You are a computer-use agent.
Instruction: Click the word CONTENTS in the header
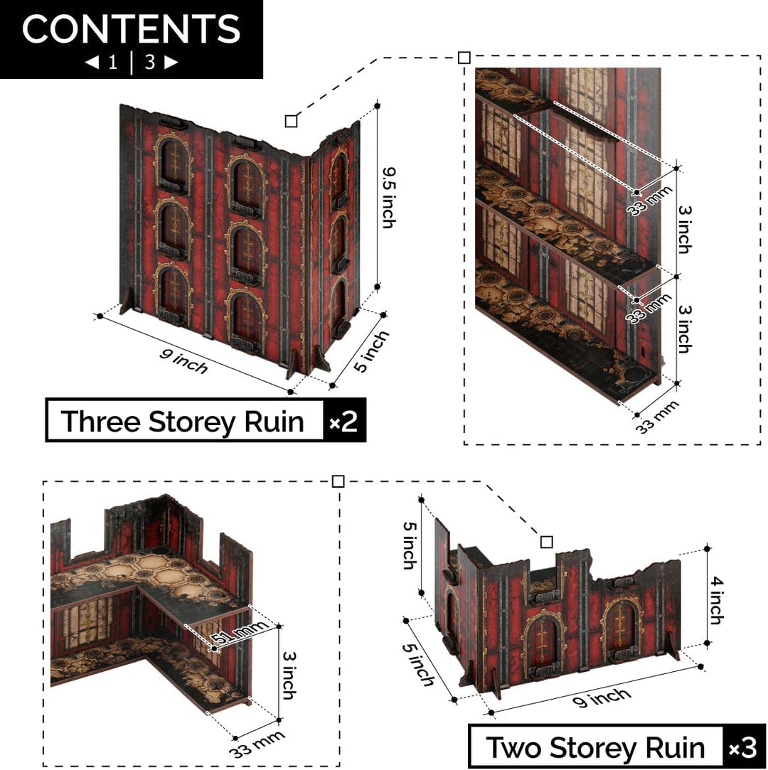click(131, 28)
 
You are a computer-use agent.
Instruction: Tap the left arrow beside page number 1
click(92, 63)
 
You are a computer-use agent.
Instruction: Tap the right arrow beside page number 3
click(171, 63)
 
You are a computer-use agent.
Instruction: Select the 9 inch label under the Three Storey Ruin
click(183, 361)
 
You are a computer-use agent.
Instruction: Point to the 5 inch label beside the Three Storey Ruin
click(371, 351)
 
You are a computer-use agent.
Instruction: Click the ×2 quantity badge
click(343, 421)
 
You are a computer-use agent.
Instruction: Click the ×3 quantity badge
click(743, 748)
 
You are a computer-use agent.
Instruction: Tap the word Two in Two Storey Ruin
click(513, 747)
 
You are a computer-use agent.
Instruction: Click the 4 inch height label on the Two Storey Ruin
click(716, 600)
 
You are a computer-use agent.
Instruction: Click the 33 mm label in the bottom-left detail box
click(257, 744)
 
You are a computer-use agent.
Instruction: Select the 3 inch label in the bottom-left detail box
click(289, 675)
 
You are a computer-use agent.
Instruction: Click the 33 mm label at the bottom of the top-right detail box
click(658, 417)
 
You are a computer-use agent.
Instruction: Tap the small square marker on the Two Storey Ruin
click(547, 542)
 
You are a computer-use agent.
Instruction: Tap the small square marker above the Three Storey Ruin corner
click(291, 121)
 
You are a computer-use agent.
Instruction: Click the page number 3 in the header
click(150, 63)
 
